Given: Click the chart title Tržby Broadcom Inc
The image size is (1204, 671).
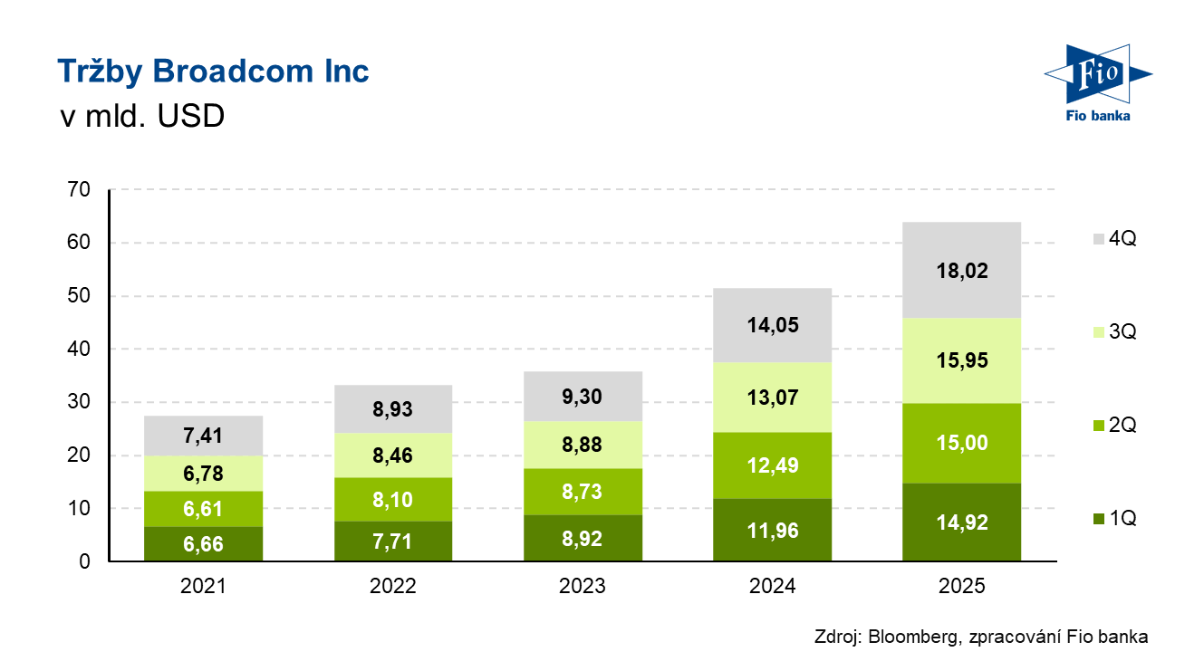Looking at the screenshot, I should pos(213,72).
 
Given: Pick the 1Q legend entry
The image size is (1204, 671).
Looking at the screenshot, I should pos(1113,519).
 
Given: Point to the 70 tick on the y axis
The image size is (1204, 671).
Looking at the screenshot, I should pos(79,190).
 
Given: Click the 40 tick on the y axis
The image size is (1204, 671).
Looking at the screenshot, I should pos(79,350).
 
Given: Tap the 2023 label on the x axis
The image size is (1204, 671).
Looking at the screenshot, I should pos(583,587).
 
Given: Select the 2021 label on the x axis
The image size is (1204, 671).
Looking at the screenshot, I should pos(203,587).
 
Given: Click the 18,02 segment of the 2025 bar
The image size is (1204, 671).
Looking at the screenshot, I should pos(961,271).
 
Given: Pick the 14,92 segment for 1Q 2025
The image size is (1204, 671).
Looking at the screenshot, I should pos(961,522).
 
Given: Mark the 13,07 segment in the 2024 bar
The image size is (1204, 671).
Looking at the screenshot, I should pos(772,397).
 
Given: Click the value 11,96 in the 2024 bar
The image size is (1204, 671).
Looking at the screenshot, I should pos(772,531).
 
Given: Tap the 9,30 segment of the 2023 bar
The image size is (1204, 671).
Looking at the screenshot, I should pos(583,397).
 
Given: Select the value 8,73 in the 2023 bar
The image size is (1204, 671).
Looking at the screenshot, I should pos(583,492).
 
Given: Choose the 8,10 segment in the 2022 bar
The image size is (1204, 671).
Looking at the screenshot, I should pos(392,499).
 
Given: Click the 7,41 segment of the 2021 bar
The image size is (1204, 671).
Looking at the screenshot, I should pos(203,436).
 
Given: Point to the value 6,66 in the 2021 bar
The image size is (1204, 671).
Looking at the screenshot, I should pos(203,544).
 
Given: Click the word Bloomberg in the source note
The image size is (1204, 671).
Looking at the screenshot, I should pos(911,637).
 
